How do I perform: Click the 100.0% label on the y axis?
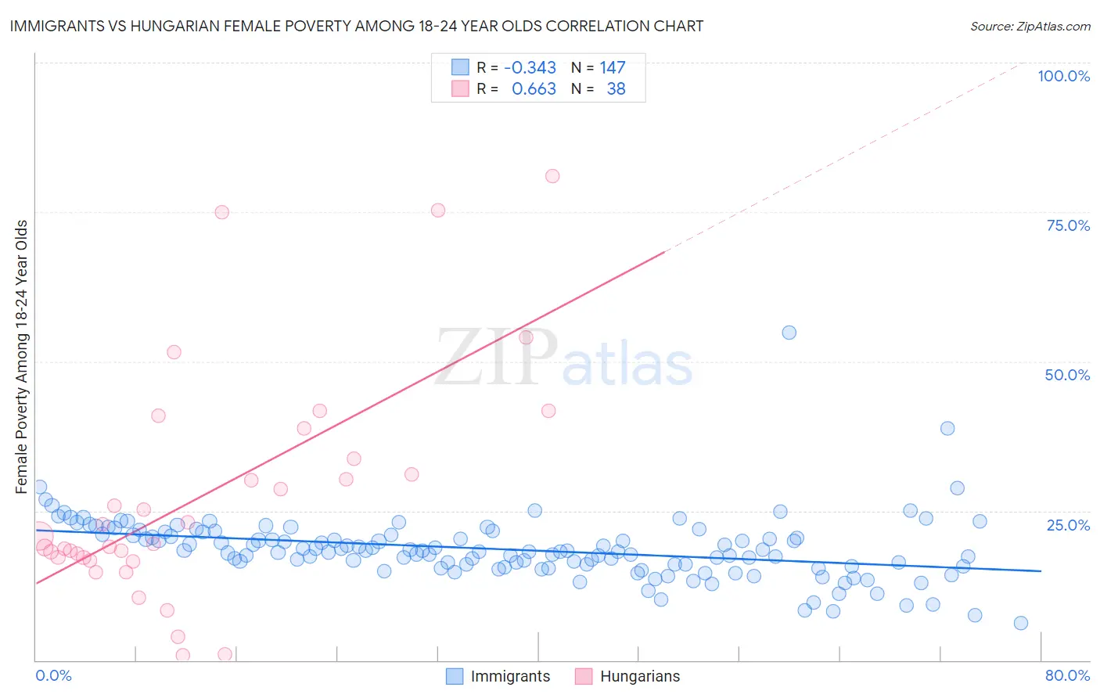tap(1063, 76)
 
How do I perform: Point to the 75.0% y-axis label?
tap(1068, 225)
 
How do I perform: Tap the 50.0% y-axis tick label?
tap(1067, 375)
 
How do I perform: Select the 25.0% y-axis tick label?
tap(1068, 525)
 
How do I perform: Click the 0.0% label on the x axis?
tap(53, 675)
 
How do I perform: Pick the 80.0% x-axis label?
tap(1067, 675)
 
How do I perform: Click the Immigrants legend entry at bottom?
tap(510, 676)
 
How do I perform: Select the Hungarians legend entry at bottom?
tap(639, 676)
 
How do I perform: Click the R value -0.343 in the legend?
tap(530, 68)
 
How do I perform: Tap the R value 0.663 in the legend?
tap(534, 89)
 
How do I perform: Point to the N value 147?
tap(613, 68)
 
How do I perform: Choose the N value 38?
tap(616, 89)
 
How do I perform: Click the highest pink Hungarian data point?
tap(552, 176)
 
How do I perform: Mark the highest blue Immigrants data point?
tap(789, 333)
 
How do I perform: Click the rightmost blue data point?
tap(1020, 623)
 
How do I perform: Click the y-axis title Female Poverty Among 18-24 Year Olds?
tap(22, 357)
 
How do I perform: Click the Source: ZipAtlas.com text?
tap(1030, 27)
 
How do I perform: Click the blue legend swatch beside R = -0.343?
tap(460, 68)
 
